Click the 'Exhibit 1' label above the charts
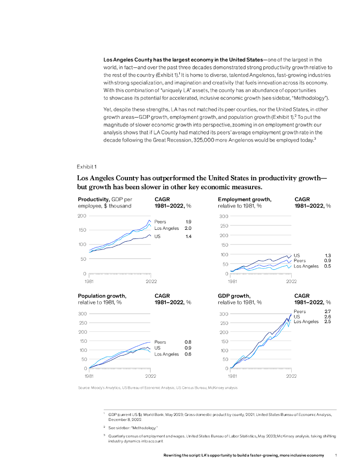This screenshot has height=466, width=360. (86, 167)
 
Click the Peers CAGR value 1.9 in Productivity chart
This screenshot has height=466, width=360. (188, 222)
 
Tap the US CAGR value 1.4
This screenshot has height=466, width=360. (188, 237)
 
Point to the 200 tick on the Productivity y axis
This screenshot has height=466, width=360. (82, 215)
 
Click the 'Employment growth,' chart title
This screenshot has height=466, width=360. (244, 199)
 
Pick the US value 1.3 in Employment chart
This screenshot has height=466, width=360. (327, 255)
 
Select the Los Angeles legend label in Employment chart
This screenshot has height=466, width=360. (306, 266)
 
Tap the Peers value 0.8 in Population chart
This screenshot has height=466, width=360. (188, 342)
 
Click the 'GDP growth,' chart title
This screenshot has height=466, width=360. (234, 296)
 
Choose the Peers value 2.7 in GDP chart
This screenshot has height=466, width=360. (327, 311)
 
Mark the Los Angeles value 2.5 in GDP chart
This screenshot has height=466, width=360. (327, 322)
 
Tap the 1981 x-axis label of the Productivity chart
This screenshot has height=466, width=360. (90, 281)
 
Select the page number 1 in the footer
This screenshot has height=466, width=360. (335, 455)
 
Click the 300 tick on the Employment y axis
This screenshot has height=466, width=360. (223, 216)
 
